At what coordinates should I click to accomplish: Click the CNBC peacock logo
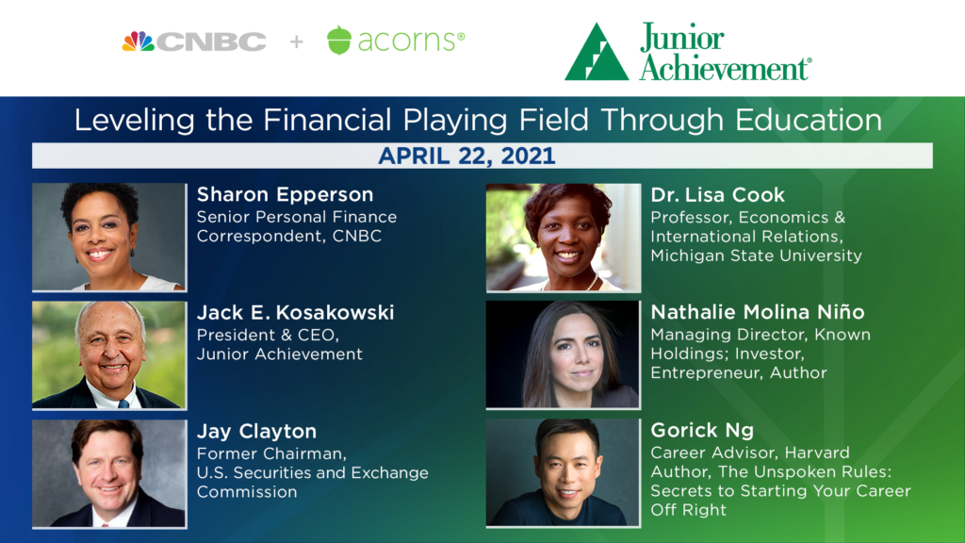[x=139, y=41]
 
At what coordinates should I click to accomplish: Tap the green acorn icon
[x=339, y=40]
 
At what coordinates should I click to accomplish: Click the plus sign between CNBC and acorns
[x=297, y=41]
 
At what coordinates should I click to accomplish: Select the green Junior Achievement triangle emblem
[x=597, y=52]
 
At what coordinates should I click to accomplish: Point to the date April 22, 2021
[x=466, y=156]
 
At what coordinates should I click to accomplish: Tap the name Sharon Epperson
[x=285, y=194]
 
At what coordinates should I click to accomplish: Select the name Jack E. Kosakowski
[x=295, y=313]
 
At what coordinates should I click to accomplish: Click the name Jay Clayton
[x=256, y=432]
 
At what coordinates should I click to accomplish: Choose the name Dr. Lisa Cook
[x=717, y=195]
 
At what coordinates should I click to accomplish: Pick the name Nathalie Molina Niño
[x=758, y=312]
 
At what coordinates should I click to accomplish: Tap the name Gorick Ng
[x=702, y=430]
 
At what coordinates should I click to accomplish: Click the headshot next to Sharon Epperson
[x=109, y=237]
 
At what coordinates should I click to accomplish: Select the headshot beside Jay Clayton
[x=109, y=473]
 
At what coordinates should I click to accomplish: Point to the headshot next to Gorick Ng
[x=564, y=473]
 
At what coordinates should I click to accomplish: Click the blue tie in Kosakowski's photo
[x=123, y=403]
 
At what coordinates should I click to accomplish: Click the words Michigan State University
[x=757, y=255]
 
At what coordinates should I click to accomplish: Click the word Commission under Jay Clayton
[x=247, y=492]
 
